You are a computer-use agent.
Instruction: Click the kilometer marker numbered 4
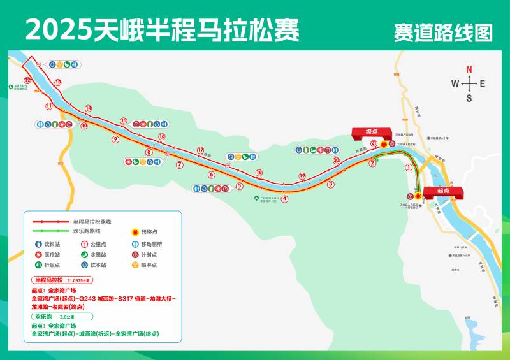click(x=284, y=198)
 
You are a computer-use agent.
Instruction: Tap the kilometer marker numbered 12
click(x=27, y=80)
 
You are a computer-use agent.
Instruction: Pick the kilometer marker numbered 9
click(x=115, y=138)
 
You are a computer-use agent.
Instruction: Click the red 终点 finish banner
click(x=372, y=131)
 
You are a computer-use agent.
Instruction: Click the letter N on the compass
click(x=469, y=69)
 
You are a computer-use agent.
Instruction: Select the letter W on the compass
click(x=455, y=83)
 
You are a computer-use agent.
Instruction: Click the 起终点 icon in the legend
click(x=135, y=233)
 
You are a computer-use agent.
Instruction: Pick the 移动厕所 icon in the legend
click(x=135, y=244)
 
